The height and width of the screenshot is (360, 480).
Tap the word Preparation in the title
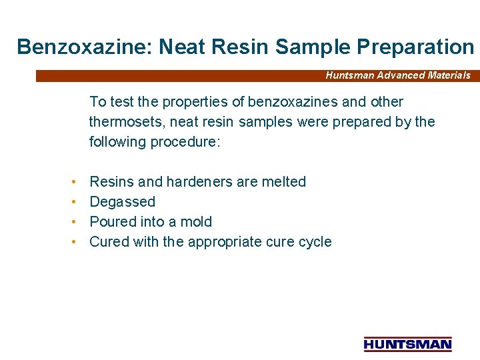coord(415,47)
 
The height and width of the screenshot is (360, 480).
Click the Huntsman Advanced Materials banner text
coord(397,75)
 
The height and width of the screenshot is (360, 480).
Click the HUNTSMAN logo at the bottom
coord(407,344)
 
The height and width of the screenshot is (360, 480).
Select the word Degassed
coord(122,202)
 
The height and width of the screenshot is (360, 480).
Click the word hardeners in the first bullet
coord(197,182)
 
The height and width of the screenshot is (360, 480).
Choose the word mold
coord(197,222)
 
